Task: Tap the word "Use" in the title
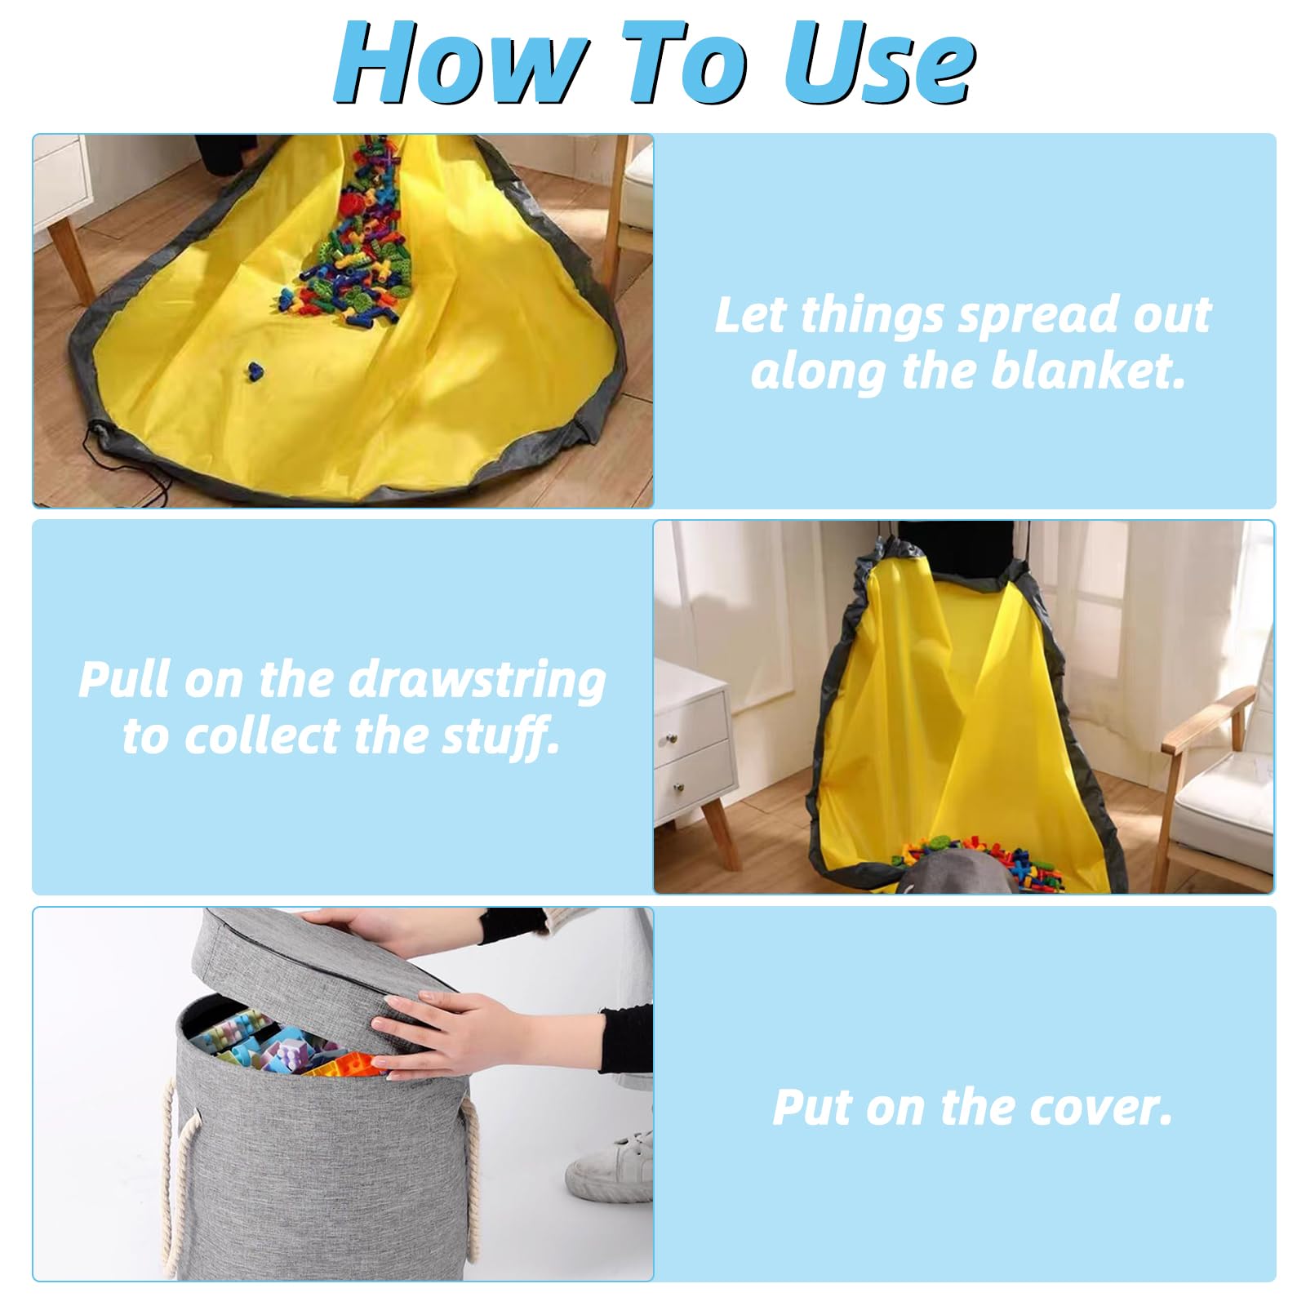[880, 63]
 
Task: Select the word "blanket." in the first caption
[1088, 371]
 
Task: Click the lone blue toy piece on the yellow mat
[255, 371]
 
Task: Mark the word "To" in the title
[682, 63]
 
